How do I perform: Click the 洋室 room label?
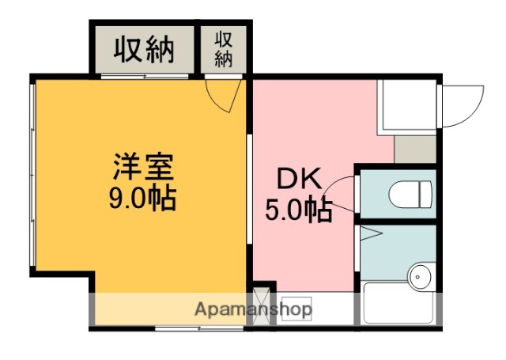(142, 168)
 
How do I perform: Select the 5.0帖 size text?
(298, 210)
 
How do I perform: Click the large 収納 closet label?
(142, 50)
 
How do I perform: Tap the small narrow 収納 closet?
(224, 50)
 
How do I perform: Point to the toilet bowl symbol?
(412, 193)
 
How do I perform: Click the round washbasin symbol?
(419, 276)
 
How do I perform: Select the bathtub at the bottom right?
(398, 304)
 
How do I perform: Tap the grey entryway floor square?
(415, 148)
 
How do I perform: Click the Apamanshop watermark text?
(253, 309)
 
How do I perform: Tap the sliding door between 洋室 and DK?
(249, 190)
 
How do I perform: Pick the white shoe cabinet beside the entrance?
(407, 104)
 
